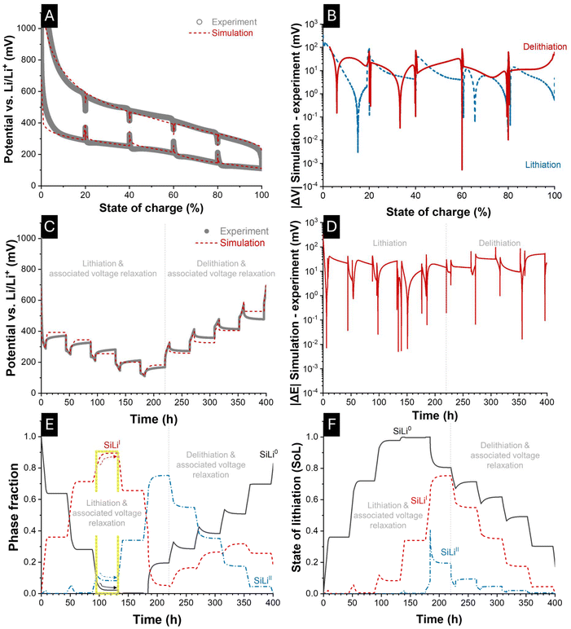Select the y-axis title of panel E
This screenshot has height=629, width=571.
[x=11, y=517]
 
